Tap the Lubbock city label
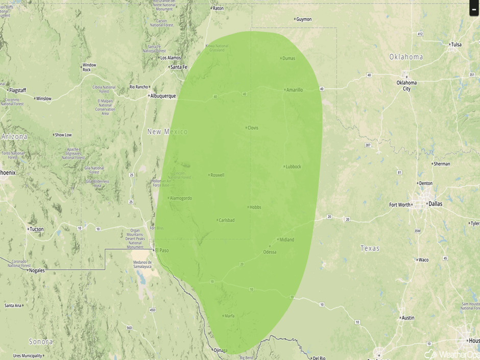pos(293,166)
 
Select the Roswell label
pos(217,175)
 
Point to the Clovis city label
pos(253,128)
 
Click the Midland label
pos(286,239)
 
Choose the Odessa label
pos(270,252)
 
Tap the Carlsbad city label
pos(226,220)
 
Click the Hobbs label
pos(255,207)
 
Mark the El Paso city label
pos(162,250)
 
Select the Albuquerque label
pos(163,96)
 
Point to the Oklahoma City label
pos(407,85)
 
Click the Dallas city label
pos(436,204)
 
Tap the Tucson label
pos(37,229)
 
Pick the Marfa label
pos(229,316)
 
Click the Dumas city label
pos(289,58)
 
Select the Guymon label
pos(304,19)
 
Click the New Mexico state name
pos(167,132)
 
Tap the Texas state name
pos(370,248)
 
